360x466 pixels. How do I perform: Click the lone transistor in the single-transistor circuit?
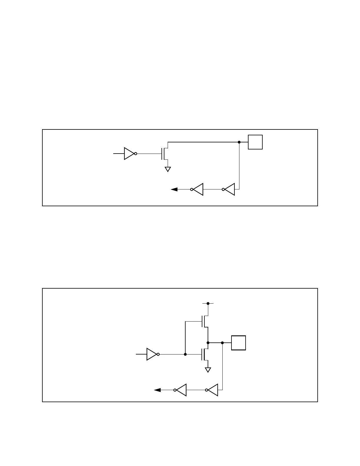point(165,153)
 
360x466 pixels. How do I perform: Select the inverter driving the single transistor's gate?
point(129,154)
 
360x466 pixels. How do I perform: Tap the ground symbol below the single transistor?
point(168,169)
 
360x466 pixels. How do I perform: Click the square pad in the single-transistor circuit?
point(255,142)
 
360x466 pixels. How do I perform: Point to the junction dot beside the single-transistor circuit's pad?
point(239,142)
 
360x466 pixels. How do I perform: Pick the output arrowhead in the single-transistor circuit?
point(174,189)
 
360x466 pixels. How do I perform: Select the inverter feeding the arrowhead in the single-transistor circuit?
point(198,189)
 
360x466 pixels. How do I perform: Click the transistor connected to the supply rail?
point(205,321)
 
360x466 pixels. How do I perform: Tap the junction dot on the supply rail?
point(208,303)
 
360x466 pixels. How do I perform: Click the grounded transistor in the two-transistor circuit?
point(205,355)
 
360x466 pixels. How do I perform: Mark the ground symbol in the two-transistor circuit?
point(208,370)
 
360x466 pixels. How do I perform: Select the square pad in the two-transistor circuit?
point(239,343)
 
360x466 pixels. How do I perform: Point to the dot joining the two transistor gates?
point(185,355)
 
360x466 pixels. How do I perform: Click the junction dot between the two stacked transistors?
point(208,343)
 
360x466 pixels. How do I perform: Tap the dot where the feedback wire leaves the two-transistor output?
point(222,343)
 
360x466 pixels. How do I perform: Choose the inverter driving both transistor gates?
point(152,355)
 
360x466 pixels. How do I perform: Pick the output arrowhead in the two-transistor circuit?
point(157,390)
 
